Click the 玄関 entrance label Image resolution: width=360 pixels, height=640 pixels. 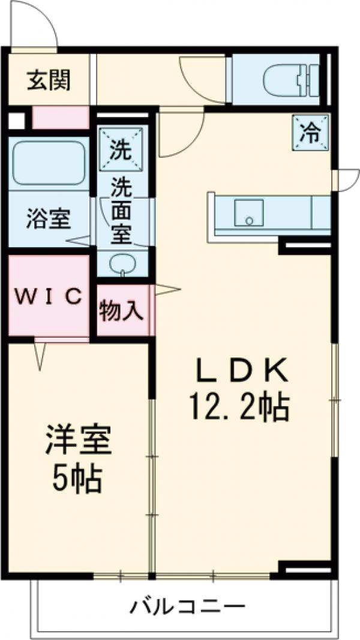point(49,79)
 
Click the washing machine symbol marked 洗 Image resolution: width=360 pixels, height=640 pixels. point(121,148)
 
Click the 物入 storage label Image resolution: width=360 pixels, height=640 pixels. point(121,311)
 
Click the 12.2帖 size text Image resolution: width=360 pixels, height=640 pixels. point(240,408)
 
